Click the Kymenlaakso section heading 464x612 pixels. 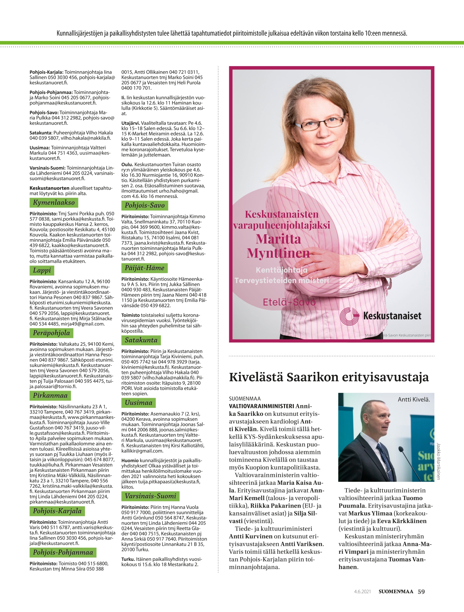(x=54, y=203)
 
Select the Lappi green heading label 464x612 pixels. (x=42, y=270)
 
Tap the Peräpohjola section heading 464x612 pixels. (x=51, y=333)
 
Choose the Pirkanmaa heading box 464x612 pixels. (x=50, y=396)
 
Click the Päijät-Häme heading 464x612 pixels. (x=145, y=268)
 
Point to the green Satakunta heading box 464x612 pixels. (x=141, y=340)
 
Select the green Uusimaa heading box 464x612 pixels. (x=138, y=403)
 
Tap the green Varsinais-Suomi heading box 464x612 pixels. (x=150, y=496)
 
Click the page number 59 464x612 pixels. (x=421, y=592)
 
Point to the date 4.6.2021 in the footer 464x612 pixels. (x=362, y=592)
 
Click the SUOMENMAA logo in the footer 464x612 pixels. (x=396, y=592)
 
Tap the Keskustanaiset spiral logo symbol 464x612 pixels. (x=350, y=316)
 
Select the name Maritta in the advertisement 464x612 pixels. (x=278, y=239)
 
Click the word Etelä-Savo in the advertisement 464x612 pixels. (x=289, y=302)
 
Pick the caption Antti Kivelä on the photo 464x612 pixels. (x=414, y=399)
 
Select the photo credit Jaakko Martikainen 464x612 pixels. (x=438, y=461)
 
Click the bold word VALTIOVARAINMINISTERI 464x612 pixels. (x=261, y=406)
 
